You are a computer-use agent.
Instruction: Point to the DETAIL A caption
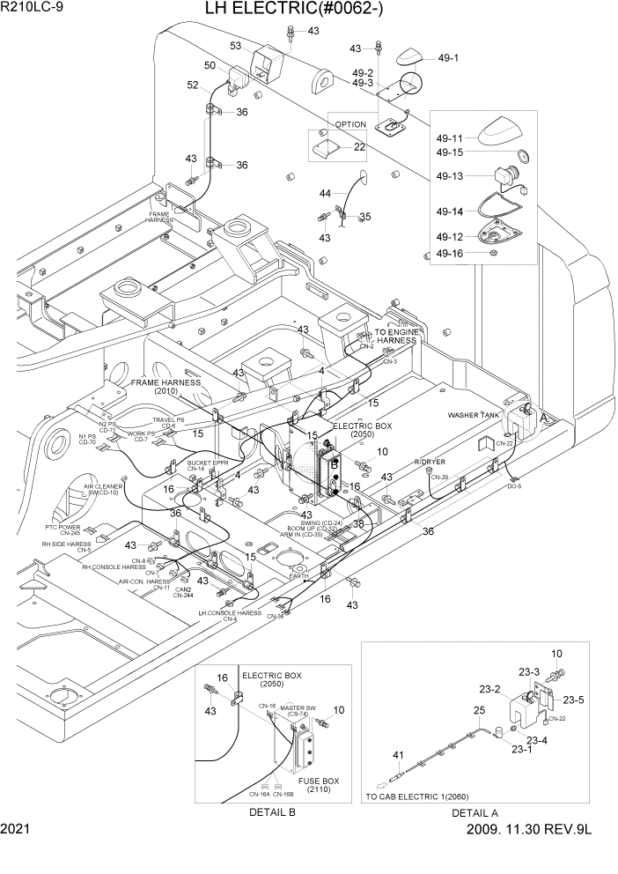(475, 812)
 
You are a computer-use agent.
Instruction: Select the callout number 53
(236, 46)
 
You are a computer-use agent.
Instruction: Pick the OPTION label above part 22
(350, 125)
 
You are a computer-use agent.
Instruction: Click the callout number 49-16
(450, 253)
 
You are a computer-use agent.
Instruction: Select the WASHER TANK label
(474, 414)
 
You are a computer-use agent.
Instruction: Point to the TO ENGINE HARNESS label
(395, 336)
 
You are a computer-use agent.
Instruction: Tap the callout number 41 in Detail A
(399, 754)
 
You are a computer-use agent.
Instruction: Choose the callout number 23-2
(489, 690)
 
